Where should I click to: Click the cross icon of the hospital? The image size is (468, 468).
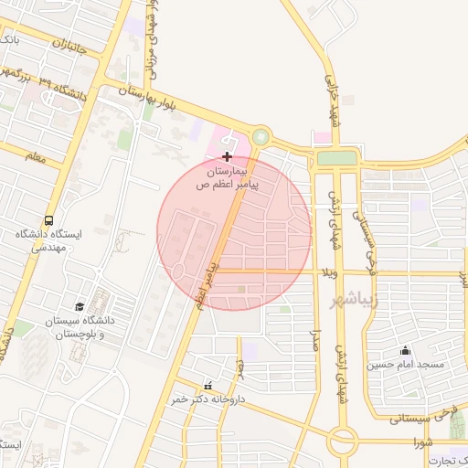[x=228, y=157]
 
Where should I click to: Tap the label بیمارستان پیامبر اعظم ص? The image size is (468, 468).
[x=229, y=177]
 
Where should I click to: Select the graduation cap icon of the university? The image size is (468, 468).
[x=80, y=306]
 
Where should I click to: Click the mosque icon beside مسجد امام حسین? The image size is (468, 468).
[x=405, y=351]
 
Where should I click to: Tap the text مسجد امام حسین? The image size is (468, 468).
[x=405, y=365]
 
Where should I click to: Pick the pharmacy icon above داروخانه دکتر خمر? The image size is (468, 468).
[x=207, y=386]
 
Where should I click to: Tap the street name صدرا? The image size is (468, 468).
[x=316, y=340]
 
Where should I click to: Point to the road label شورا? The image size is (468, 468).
[x=421, y=441]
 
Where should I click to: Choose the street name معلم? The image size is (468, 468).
[x=36, y=157]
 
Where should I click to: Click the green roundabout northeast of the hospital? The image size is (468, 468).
[x=261, y=137]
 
